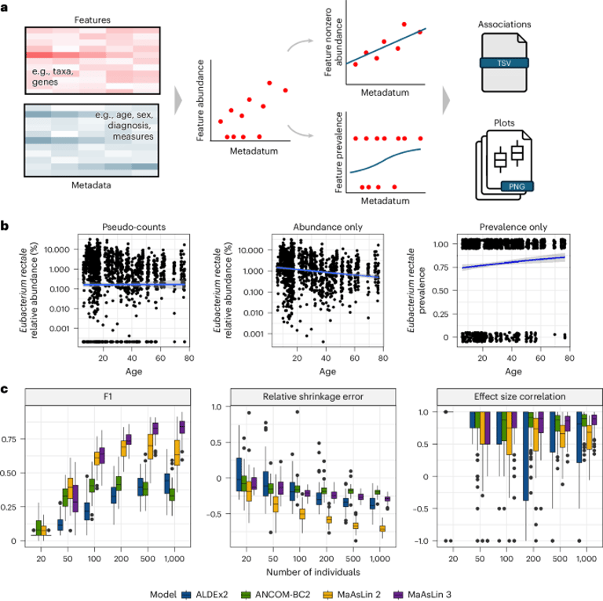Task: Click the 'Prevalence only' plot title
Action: tap(513, 228)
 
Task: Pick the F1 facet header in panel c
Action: tap(108, 396)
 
